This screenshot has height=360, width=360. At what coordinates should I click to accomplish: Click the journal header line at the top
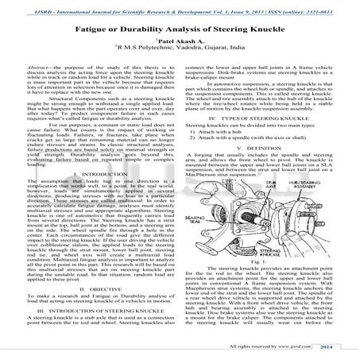click(x=180, y=10)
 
